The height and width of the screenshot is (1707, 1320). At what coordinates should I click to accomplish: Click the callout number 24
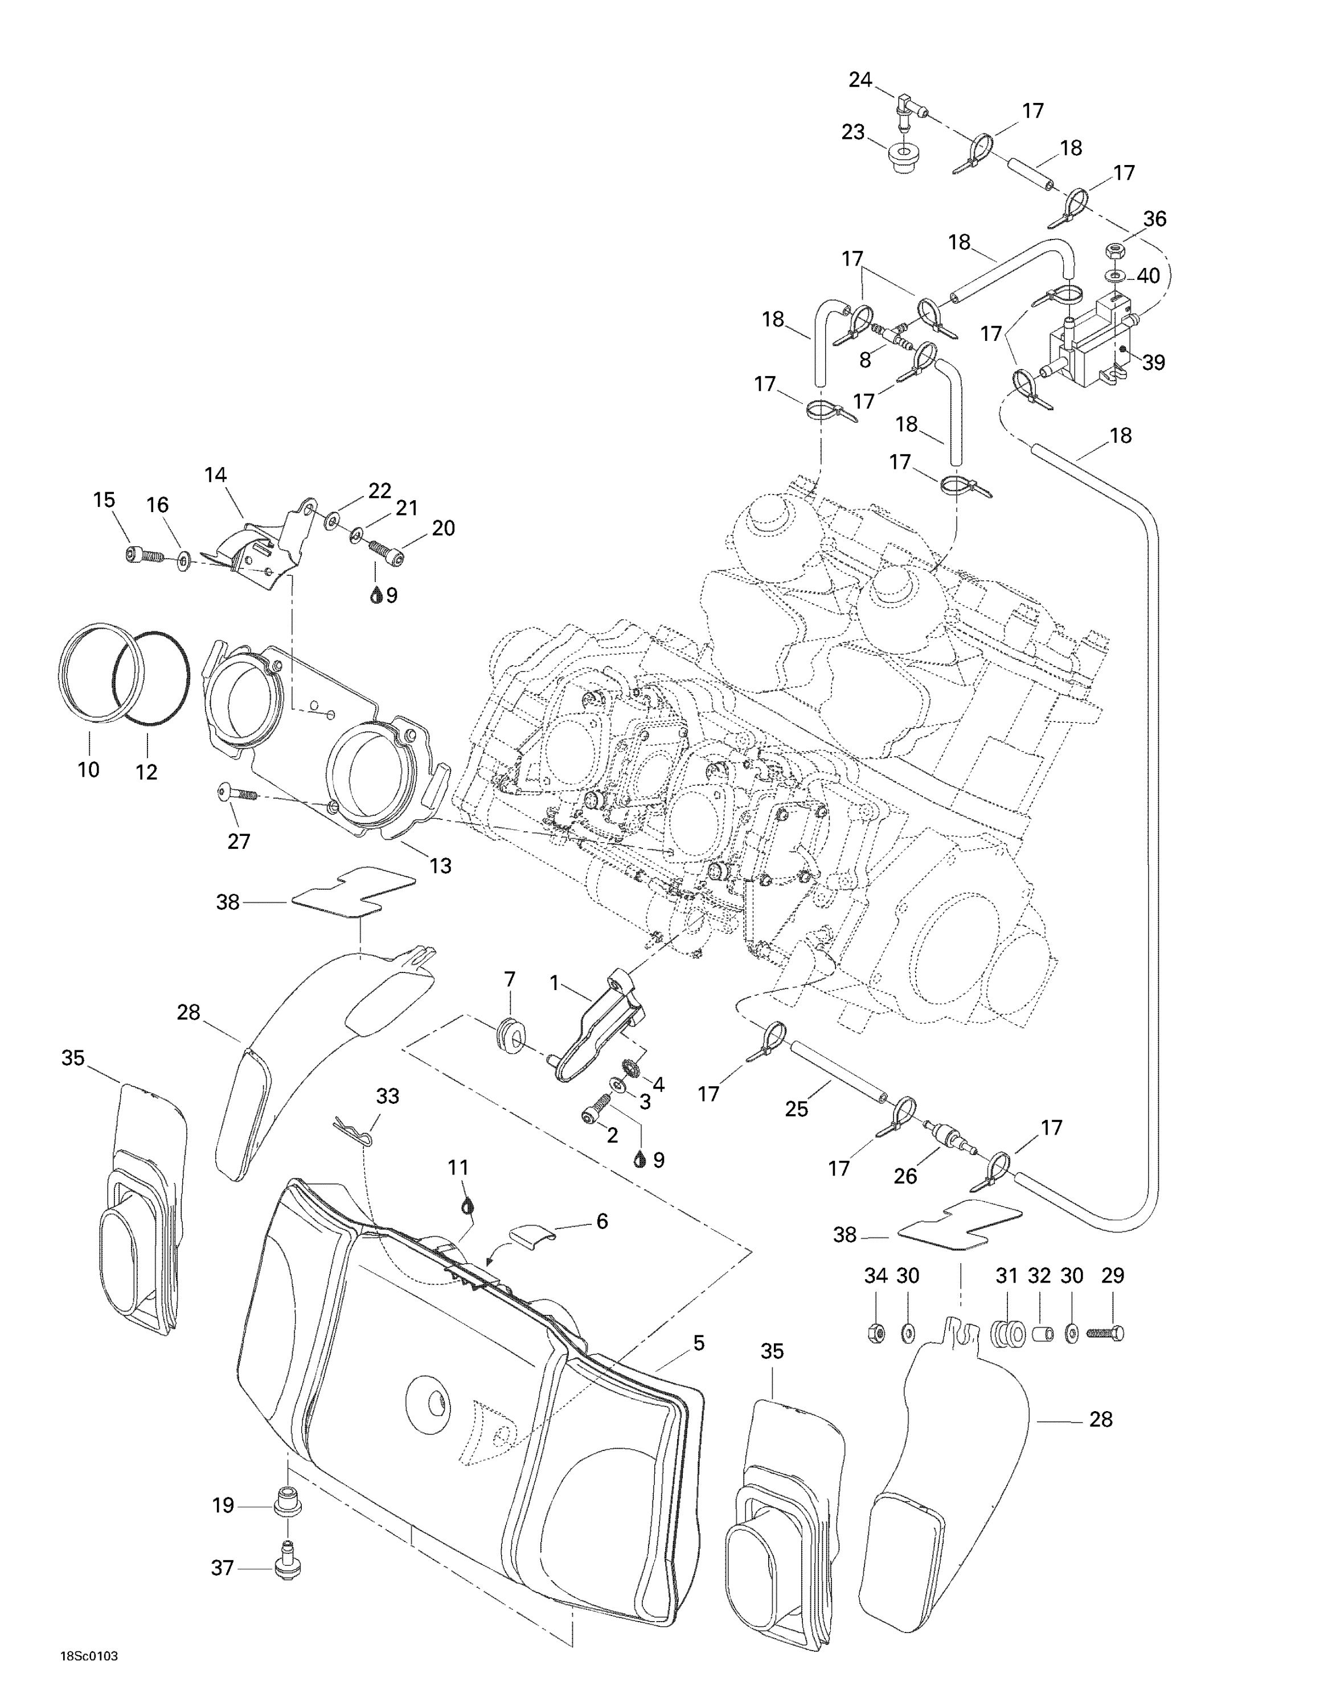click(860, 80)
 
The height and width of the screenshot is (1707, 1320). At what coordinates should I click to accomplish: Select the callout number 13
click(440, 865)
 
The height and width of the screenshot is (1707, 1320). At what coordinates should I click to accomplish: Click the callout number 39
click(1154, 362)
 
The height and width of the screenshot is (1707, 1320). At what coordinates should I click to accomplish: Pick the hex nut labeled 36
click(1115, 251)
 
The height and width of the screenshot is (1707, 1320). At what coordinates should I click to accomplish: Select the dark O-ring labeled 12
click(151, 678)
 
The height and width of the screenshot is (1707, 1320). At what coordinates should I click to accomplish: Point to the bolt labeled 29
click(1104, 1333)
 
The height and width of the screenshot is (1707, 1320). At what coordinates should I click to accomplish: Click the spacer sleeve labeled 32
click(1039, 1332)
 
